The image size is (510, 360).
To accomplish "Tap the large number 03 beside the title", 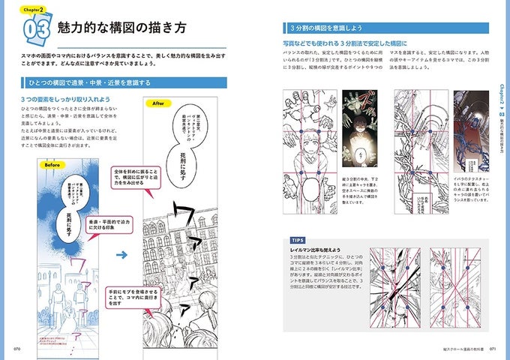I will (37, 31).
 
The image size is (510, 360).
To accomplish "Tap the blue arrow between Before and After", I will (121, 254).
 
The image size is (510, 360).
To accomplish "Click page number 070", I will (18, 349).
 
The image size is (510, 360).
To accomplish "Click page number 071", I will (492, 349).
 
